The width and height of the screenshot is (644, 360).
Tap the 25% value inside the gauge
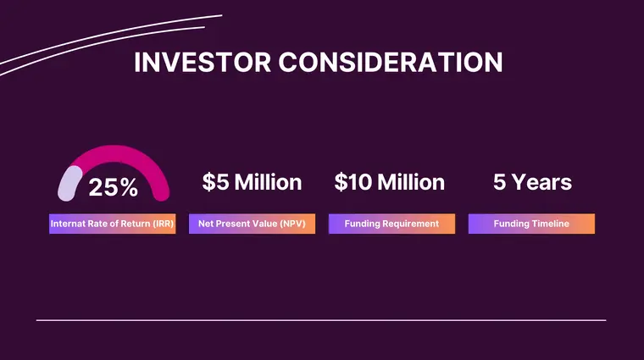113,188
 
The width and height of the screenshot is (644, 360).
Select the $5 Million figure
252,182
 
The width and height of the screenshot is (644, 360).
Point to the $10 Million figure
389,182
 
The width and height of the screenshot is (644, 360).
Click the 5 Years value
532,182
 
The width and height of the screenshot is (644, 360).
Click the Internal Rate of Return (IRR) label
112,224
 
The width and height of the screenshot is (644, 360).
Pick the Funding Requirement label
391,224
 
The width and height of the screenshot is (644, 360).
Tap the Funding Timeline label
531,224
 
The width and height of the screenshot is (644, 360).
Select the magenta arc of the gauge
127,158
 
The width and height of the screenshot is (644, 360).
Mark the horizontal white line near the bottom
321,320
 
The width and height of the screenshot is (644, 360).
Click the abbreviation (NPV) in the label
291,224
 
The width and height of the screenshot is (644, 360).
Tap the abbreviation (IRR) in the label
159,224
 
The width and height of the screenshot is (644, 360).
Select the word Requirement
410,224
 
